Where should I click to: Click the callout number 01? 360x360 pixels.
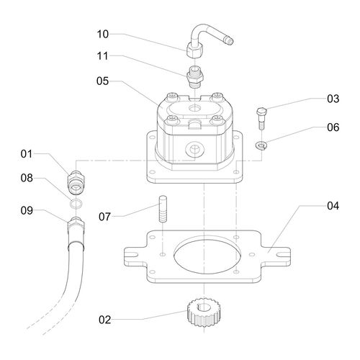coord(27,153)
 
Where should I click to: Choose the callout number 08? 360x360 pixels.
coord(27,176)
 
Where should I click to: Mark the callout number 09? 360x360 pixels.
coord(27,211)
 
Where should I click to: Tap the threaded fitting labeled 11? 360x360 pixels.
coord(194,75)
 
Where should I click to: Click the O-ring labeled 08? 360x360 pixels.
coord(75,204)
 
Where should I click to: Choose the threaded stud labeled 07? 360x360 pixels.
coord(163,212)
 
